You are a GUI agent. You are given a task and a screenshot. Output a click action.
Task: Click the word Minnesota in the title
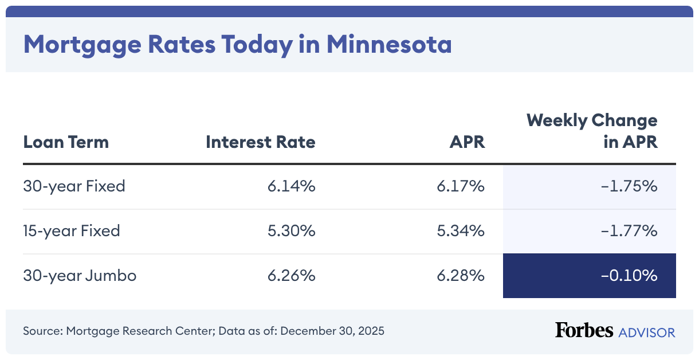(389, 45)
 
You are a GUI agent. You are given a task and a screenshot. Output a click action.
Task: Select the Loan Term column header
(66, 142)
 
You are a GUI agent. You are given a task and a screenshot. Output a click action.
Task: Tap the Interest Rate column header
(260, 142)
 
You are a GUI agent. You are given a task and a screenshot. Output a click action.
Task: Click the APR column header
(467, 142)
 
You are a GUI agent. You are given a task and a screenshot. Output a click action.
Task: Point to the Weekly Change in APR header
(592, 131)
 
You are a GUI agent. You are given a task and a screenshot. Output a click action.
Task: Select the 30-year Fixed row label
(74, 186)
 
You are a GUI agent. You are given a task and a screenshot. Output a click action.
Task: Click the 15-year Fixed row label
(72, 230)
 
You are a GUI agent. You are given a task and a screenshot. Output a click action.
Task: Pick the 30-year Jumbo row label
(80, 275)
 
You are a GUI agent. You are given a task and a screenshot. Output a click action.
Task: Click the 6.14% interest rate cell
(291, 186)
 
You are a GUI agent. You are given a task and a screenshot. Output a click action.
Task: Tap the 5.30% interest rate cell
(291, 230)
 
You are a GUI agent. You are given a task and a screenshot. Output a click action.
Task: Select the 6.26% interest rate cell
(291, 275)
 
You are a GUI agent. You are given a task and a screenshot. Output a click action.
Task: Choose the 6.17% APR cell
(462, 186)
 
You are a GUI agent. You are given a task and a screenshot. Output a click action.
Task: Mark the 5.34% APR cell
(462, 230)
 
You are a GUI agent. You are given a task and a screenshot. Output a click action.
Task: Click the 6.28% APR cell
(462, 275)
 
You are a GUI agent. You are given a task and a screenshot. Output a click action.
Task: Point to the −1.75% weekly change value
(629, 186)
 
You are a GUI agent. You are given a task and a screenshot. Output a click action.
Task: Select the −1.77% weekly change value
(629, 230)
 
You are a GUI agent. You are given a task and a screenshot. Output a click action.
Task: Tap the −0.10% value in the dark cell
(629, 275)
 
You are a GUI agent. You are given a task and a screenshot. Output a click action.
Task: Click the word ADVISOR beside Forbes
(646, 332)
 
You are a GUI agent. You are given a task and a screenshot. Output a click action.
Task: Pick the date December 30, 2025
(332, 331)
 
